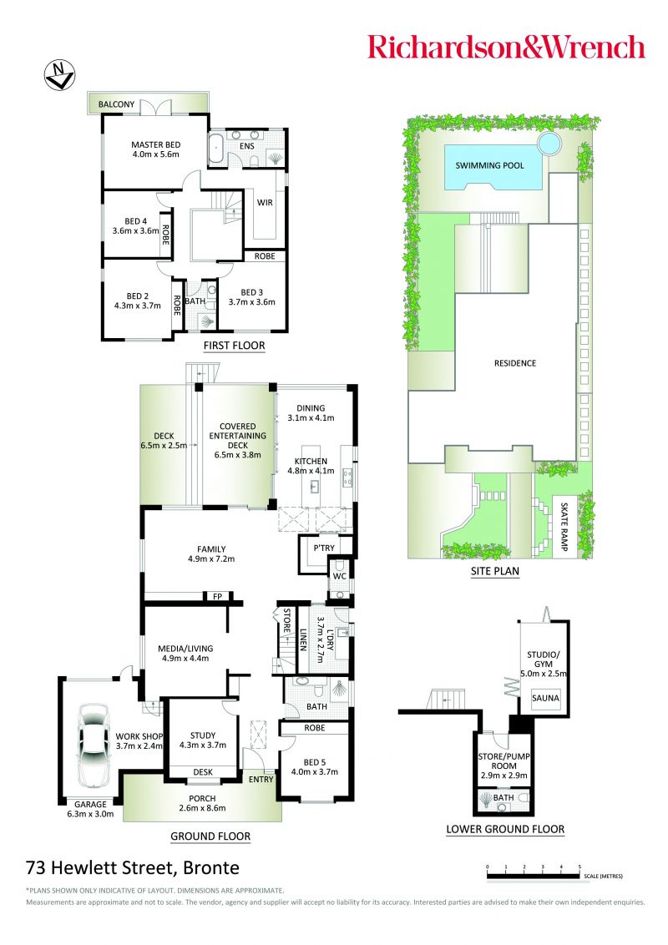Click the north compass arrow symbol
tap(59, 76)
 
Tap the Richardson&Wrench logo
tap(506, 47)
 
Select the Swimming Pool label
tap(489, 165)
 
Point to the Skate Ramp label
tap(564, 527)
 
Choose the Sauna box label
tap(545, 698)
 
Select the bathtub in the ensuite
tap(217, 149)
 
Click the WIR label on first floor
tap(265, 203)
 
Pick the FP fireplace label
tap(218, 597)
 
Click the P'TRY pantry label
tap(324, 548)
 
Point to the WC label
tap(339, 576)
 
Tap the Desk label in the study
tap(203, 772)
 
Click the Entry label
tap(261, 779)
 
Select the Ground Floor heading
tap(210, 836)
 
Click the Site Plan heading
tap(495, 571)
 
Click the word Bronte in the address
tap(211, 867)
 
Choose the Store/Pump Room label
tap(504, 766)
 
